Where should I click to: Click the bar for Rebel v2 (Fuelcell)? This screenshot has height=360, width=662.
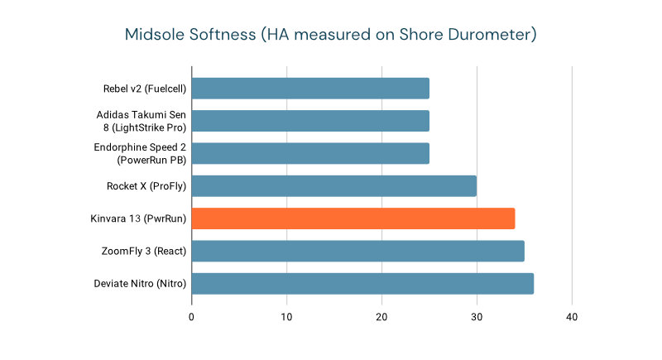tap(310, 89)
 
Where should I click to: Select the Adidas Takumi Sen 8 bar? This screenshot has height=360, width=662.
tap(310, 121)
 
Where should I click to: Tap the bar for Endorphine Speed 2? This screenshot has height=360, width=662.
tap(310, 153)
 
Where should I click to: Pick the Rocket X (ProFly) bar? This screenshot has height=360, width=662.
tap(334, 186)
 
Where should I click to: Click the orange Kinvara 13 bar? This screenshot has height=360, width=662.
tap(353, 218)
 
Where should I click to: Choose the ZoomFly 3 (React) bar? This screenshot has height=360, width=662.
tap(358, 251)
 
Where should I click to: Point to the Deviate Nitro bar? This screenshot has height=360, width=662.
tap(362, 284)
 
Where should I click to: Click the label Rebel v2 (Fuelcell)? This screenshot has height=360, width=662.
tap(145, 89)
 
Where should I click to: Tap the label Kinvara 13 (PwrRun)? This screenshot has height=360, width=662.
tap(139, 218)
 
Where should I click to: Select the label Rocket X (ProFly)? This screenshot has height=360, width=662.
tap(146, 186)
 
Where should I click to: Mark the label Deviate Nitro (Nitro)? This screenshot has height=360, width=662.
tap(140, 284)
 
